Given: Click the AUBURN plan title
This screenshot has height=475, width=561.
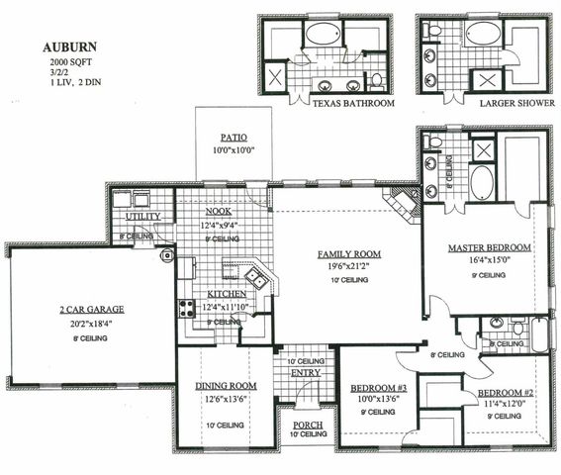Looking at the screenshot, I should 68,47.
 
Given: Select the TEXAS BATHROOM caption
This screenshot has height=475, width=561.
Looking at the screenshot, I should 353,103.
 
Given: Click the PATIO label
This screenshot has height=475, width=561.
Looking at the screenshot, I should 234,138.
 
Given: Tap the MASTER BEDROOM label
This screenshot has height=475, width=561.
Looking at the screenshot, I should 489,247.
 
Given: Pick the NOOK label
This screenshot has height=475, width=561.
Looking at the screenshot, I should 219,211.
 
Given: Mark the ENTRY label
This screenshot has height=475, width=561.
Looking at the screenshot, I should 305,372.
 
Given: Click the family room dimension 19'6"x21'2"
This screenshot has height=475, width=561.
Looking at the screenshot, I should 348,266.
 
